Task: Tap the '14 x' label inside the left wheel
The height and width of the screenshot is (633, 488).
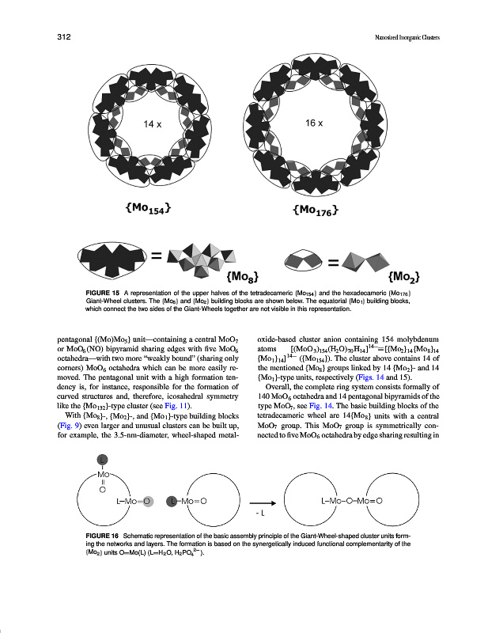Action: click(x=152, y=125)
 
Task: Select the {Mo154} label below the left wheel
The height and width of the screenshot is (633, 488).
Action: click(x=148, y=208)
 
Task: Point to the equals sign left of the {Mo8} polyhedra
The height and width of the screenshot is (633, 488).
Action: click(x=157, y=256)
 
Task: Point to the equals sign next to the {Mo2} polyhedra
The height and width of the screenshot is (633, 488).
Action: click(x=334, y=259)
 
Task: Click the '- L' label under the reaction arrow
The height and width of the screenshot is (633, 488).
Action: click(x=259, y=514)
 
